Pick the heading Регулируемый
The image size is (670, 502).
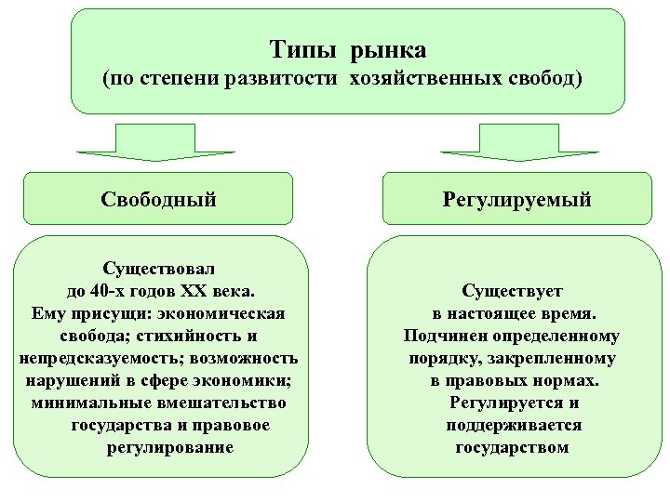[516, 199]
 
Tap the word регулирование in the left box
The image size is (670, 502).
[170, 447]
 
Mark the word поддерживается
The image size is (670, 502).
[514, 425]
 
